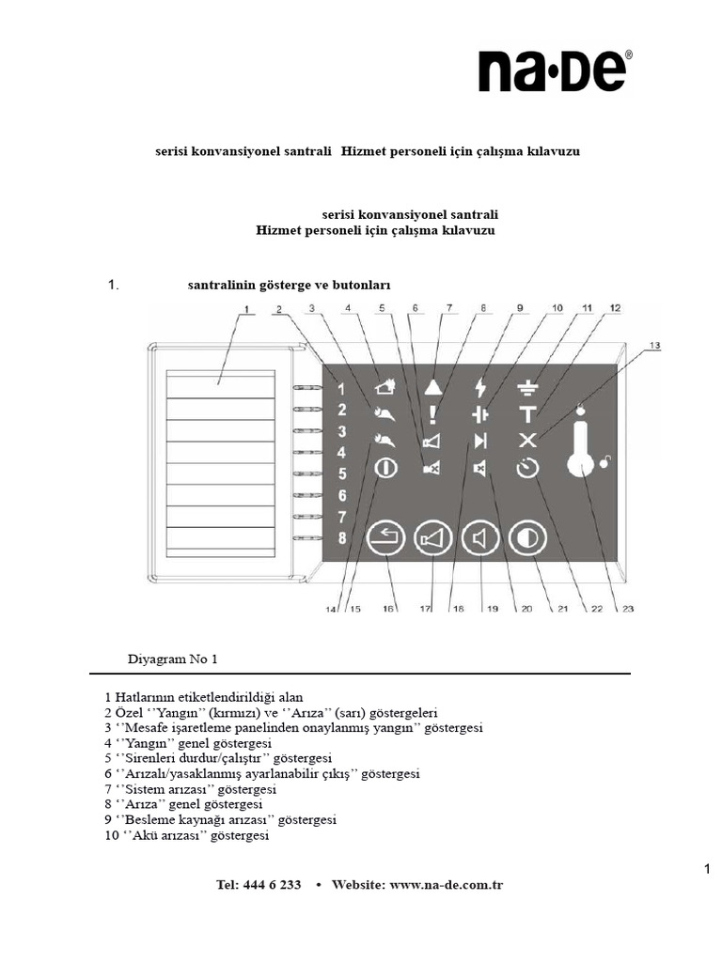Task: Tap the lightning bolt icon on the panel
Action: click(481, 387)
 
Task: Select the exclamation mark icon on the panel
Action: click(432, 414)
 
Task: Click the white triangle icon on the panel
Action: click(432, 386)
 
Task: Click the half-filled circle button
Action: click(527, 539)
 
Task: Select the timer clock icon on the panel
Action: click(528, 468)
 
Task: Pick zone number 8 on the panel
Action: click(342, 538)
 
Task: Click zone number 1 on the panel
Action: click(342, 389)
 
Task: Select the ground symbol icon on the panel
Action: click(528, 386)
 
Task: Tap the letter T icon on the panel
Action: click(528, 413)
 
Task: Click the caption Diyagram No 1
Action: click(172, 659)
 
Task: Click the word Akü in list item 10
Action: click(148, 835)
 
